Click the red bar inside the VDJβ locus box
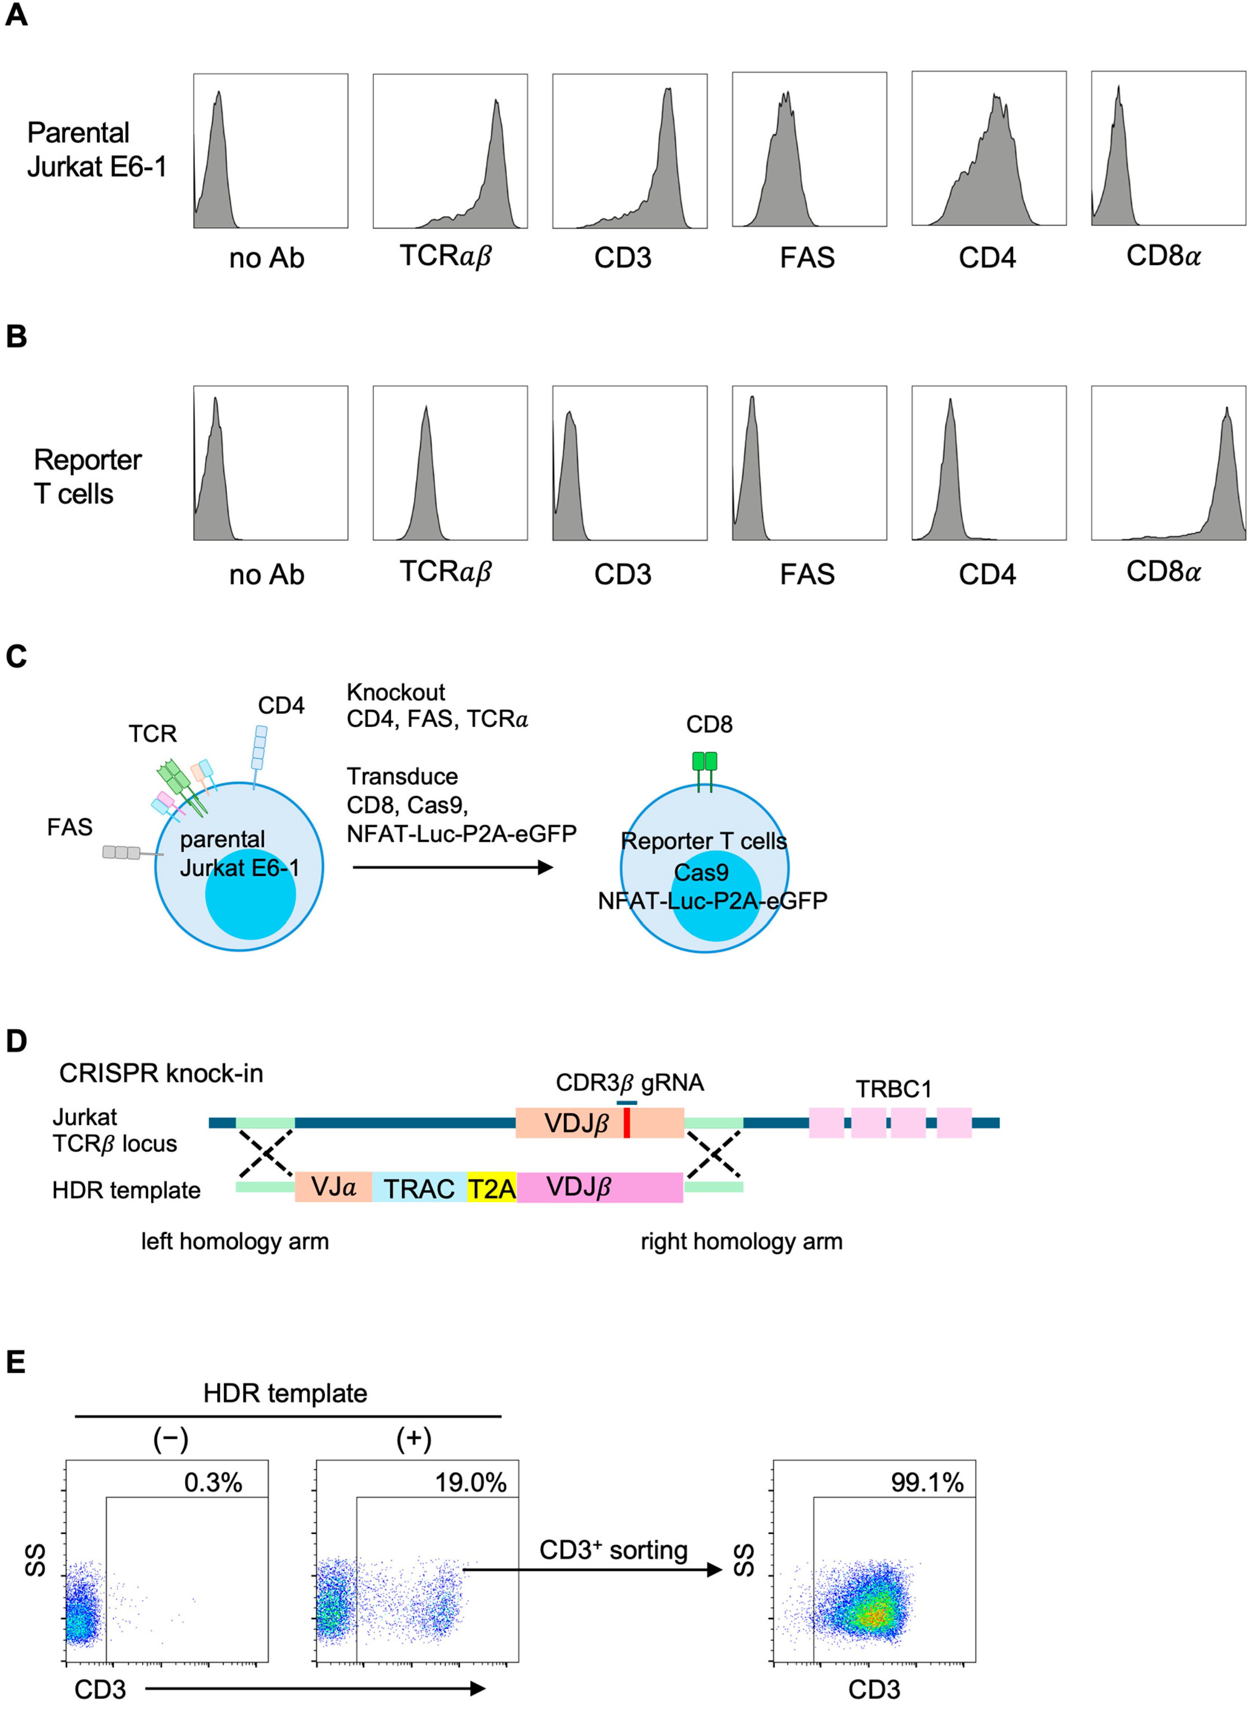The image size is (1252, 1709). [627, 1123]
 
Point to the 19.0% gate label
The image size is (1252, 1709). [470, 1483]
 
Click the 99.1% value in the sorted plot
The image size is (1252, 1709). [927, 1483]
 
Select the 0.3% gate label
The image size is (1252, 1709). [213, 1483]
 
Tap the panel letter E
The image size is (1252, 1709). [15, 1362]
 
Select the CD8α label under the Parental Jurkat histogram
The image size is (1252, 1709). [1163, 256]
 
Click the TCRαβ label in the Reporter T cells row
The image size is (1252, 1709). [446, 572]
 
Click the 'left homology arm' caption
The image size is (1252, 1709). [235, 1241]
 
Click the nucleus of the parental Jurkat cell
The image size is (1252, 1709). [250, 894]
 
